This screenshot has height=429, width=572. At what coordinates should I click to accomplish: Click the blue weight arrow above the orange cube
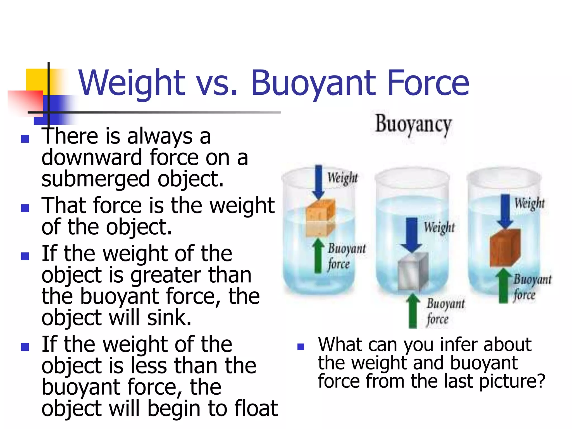318,182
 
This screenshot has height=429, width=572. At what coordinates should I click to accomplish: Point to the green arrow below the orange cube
318,256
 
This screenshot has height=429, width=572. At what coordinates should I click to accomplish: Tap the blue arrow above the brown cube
505,211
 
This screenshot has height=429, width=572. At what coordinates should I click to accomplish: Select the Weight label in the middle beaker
439,227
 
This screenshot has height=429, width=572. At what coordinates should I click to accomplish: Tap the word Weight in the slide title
132,83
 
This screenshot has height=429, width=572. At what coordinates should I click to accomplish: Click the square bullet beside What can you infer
301,347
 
